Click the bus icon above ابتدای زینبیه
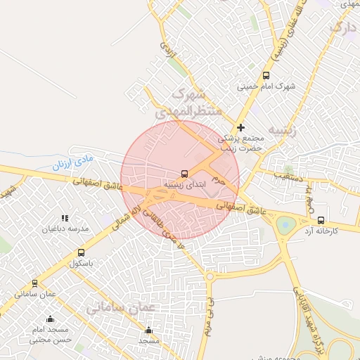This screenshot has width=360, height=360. click(x=184, y=173)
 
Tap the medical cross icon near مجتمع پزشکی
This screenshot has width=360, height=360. click(x=242, y=127)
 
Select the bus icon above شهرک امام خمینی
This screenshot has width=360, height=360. click(x=266, y=75)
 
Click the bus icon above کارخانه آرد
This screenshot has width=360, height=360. click(x=321, y=220)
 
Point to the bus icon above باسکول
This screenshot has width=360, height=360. click(x=81, y=252)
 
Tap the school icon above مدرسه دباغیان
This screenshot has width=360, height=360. click(x=65, y=219)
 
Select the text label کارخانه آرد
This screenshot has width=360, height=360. click(x=321, y=231)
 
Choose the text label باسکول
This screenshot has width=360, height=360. click(x=81, y=263)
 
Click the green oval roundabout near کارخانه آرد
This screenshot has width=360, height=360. click(x=285, y=226)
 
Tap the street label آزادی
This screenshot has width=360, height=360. click(x=167, y=49)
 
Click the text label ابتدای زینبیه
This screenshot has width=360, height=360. click(x=184, y=184)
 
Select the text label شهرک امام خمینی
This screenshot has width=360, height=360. click(x=266, y=86)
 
